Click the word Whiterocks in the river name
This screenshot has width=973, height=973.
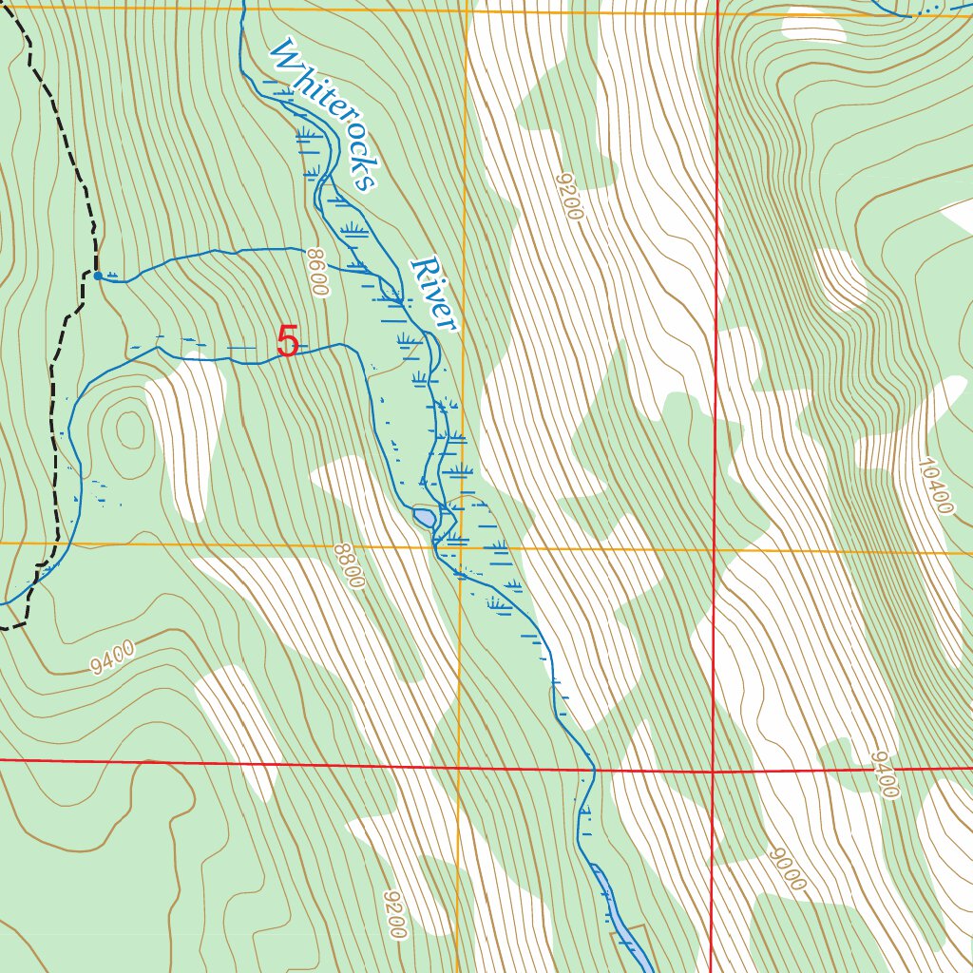324,115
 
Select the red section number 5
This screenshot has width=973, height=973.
288,342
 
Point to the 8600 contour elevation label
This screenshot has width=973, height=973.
317,273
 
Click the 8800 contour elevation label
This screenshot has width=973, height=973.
349,565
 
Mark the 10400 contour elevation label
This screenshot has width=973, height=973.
935,486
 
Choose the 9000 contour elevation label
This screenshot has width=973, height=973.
788,868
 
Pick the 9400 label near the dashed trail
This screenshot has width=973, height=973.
113,658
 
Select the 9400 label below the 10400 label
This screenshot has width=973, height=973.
884,774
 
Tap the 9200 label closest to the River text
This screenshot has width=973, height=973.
569,196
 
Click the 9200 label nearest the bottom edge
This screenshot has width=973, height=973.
395,914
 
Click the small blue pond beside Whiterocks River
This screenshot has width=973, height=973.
424,518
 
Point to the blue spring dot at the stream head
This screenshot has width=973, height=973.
98,276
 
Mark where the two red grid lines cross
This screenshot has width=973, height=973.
713,772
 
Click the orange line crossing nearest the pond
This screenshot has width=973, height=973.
461,547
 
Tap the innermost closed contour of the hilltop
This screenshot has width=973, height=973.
127,430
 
